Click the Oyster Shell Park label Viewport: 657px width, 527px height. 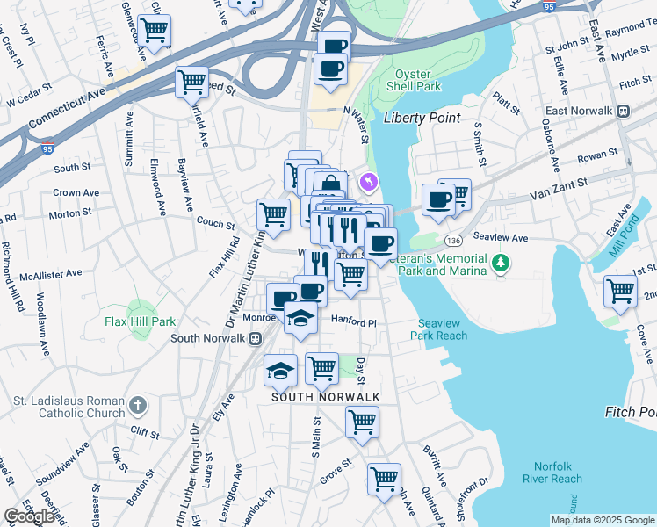point(418,81)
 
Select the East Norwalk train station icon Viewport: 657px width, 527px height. point(624,111)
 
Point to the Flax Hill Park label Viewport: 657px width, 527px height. point(140,321)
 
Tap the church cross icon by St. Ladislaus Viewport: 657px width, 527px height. point(136,405)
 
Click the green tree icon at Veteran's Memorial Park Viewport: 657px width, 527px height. point(501,262)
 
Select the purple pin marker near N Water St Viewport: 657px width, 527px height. point(368,182)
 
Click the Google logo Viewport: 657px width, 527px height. point(29,516)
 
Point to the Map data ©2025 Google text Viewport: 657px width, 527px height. point(603,520)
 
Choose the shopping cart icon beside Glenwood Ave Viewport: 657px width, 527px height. point(154,31)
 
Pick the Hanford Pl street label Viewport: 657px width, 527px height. point(353,322)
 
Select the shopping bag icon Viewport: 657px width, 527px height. point(330,185)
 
